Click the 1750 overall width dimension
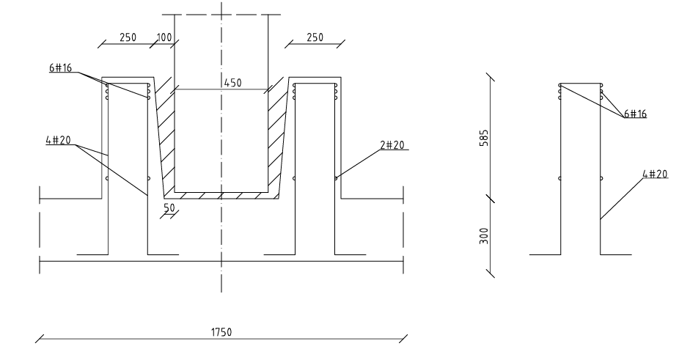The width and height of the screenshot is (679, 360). pos(221,332)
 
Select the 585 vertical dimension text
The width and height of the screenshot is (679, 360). pos(484,138)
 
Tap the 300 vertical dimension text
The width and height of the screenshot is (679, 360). pos(484,236)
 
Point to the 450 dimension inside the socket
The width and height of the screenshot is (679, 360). pos(233,83)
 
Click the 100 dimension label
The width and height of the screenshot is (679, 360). pos(164,37)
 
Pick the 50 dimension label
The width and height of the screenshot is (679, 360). pos(169,208)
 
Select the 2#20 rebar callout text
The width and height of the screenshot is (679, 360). pos(392,144)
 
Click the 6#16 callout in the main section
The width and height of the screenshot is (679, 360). pos(61,67)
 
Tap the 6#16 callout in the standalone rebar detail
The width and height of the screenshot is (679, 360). pos(635,114)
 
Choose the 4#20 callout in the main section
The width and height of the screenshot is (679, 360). pos(58,140)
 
